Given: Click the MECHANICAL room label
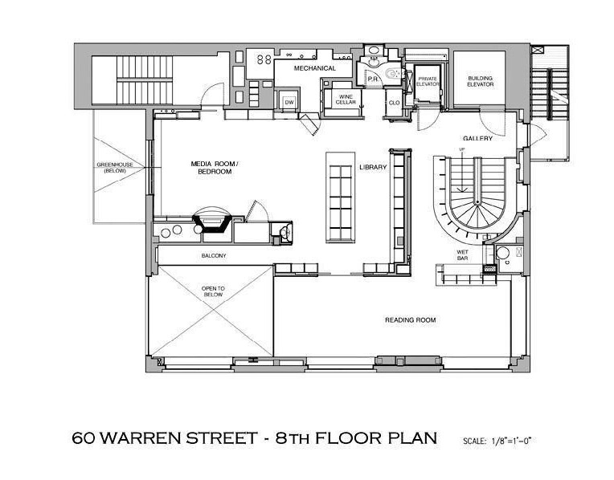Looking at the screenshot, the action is (x=315, y=68).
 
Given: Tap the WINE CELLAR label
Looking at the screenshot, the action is (x=346, y=100).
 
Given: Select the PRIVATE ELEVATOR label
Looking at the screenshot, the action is (x=428, y=81).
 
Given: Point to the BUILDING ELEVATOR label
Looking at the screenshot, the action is (x=481, y=81).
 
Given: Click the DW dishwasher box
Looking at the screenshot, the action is (x=289, y=103).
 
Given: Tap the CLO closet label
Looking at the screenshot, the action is (x=394, y=103).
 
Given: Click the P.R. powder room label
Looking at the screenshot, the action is (x=371, y=79).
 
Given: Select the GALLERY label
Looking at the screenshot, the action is (x=477, y=139).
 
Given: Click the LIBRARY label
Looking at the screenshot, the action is (x=373, y=167).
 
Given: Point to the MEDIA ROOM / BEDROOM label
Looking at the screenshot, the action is (x=215, y=168).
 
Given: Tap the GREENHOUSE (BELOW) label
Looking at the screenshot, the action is (x=115, y=168).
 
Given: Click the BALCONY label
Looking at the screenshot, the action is (x=214, y=256).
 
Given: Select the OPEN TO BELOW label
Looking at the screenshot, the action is (x=213, y=291).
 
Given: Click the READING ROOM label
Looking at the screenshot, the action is (x=410, y=320).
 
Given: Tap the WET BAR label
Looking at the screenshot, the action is (x=462, y=255).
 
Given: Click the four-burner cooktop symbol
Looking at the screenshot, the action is (x=264, y=59).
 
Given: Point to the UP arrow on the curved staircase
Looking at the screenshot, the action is (x=462, y=171).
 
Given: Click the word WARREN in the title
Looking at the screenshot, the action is (x=138, y=437).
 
